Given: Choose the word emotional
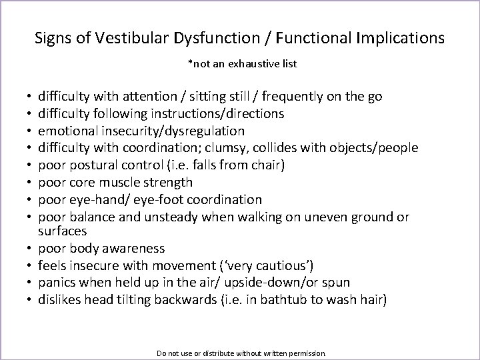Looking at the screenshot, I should coord(67,131).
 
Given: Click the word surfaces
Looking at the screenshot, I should coord(61,231).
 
